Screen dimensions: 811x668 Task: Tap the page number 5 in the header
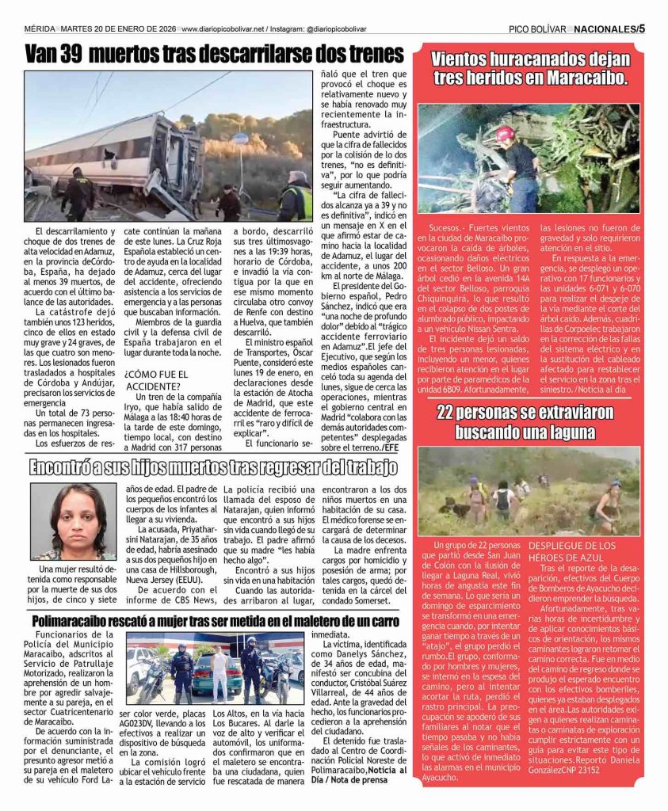pos(642,29)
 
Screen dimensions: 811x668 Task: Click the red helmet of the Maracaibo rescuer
pos(506,134)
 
